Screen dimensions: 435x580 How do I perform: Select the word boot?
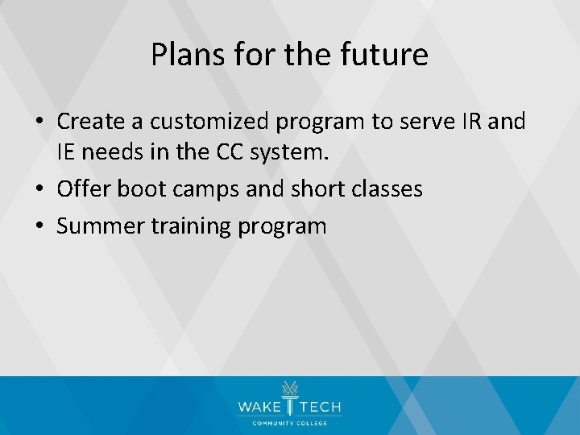pos(140,188)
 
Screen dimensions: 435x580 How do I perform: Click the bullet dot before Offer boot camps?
pos(40,189)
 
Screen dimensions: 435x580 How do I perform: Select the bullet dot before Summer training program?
pos(40,227)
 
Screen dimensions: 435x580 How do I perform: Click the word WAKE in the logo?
pos(257,408)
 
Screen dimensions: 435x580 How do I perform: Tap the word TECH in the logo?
pos(321,408)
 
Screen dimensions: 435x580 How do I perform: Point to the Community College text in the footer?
pos(289,423)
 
